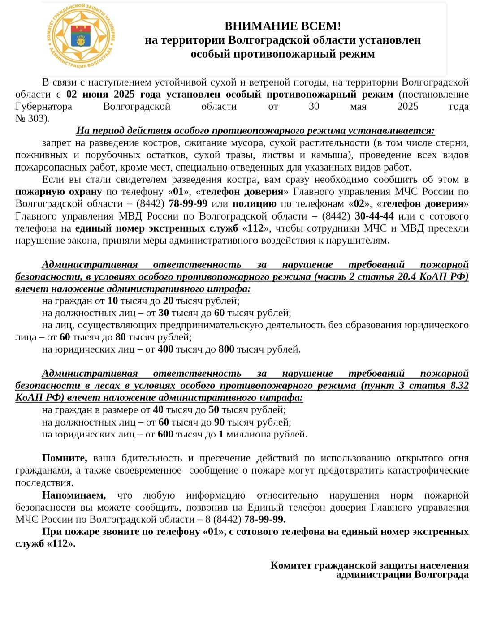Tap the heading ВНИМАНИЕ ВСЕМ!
(282, 26)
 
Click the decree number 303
(37, 119)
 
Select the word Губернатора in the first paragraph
(43, 107)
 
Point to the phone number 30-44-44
(374, 216)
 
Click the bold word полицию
(254, 204)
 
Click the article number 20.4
(406, 277)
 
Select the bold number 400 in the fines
(165, 349)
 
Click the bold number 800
(226, 349)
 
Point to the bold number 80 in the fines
(121, 337)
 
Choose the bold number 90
(219, 422)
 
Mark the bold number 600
(165, 434)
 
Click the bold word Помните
(65, 458)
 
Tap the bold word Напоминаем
(74, 495)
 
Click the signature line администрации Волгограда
(402, 575)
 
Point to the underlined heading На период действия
(255, 131)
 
